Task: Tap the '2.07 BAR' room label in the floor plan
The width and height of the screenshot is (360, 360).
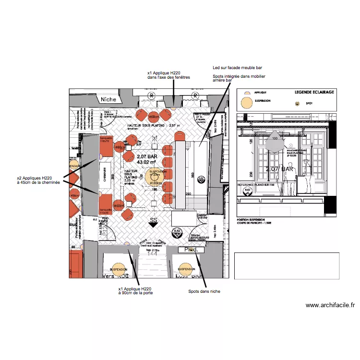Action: coord(147,156)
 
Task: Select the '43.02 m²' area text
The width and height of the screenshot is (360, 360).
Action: coord(146,163)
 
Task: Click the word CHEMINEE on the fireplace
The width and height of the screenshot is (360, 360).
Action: coord(104,177)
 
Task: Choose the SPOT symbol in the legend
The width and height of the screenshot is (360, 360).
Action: coord(296,103)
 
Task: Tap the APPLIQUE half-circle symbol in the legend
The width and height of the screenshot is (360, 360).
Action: coord(246,92)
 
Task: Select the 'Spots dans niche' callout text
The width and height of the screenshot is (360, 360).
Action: coord(204,291)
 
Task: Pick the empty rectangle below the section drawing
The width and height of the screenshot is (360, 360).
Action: coord(287,265)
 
